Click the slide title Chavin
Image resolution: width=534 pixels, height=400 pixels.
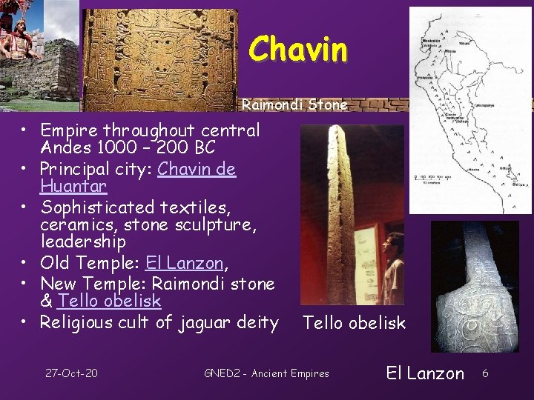(297, 50)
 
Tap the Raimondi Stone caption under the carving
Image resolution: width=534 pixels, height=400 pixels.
(294, 105)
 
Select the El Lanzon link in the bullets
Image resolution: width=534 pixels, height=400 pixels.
(184, 262)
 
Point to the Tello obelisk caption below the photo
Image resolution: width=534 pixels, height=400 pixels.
(354, 322)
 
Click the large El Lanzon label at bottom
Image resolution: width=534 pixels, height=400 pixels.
(425, 373)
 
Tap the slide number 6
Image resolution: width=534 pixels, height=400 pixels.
(484, 373)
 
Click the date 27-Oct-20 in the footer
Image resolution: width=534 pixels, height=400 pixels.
(71, 373)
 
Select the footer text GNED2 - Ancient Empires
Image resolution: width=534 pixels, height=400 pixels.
(266, 373)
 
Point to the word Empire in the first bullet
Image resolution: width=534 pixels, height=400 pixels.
(67, 131)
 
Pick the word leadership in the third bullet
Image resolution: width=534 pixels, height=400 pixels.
(83, 241)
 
